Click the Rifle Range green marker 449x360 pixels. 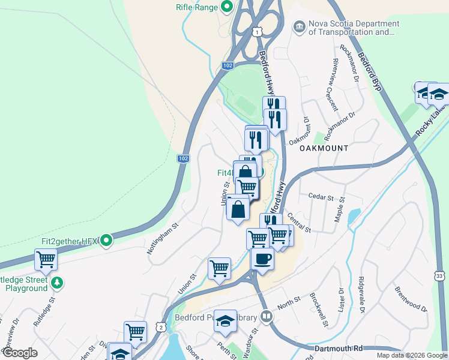(x=227, y=7)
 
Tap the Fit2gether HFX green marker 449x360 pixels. (x=107, y=241)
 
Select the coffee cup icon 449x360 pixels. (x=262, y=259)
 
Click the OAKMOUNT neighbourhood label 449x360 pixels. (x=324, y=148)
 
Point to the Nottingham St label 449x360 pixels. (x=164, y=239)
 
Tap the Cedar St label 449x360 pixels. (x=320, y=196)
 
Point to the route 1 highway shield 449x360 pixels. (x=257, y=31)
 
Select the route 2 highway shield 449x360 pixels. (x=160, y=326)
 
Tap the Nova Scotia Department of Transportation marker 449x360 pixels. (x=299, y=27)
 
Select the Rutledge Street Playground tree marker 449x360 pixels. (x=57, y=281)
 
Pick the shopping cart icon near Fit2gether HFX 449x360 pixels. (x=46, y=260)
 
